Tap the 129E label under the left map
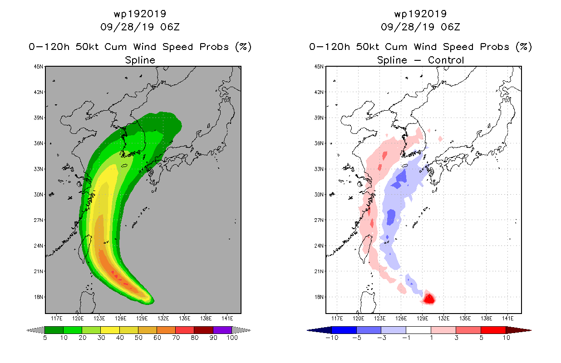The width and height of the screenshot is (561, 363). coord(142,319)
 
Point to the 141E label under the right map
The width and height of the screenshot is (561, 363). coord(507,319)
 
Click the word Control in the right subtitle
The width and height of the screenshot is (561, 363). coord(446,60)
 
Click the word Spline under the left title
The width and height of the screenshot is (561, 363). coord(140,60)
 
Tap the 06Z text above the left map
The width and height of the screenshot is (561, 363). coord(170,27)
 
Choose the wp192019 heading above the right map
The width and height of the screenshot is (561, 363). coord(420,14)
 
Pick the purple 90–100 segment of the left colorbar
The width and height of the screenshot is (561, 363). coord(222,330)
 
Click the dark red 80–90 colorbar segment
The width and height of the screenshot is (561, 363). coord(204,330)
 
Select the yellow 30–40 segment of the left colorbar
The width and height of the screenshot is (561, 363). coord(110,330)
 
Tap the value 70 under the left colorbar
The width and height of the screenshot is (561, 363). coord(176,338)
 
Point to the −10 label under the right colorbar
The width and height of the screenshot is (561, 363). coord(332,338)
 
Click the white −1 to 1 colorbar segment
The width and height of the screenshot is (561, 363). coord(418,330)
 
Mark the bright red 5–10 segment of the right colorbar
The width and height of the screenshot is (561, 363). coord(493,330)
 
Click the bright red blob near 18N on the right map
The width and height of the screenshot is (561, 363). coord(429,299)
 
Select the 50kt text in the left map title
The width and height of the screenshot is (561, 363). coord(87,47)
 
